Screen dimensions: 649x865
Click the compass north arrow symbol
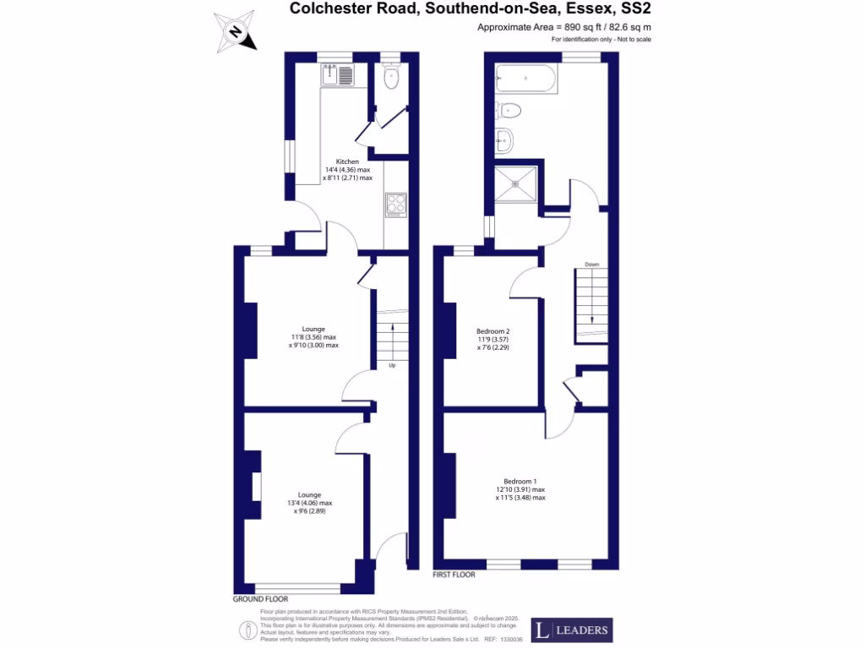click(x=236, y=33)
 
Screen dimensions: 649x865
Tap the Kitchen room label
click(x=347, y=161)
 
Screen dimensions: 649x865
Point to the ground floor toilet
click(x=390, y=79)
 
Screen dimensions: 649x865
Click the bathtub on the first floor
click(x=526, y=79)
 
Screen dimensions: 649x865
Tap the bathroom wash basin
click(x=503, y=139)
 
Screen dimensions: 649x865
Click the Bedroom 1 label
click(x=520, y=481)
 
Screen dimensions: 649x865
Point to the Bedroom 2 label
click(x=493, y=330)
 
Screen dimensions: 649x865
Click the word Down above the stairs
click(x=591, y=265)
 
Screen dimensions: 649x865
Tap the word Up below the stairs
click(x=393, y=366)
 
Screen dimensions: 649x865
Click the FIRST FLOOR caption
click(x=454, y=575)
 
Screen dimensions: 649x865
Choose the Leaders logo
click(x=571, y=630)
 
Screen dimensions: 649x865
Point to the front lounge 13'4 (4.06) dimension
click(x=309, y=503)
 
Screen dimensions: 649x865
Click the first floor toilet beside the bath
click(x=509, y=109)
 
